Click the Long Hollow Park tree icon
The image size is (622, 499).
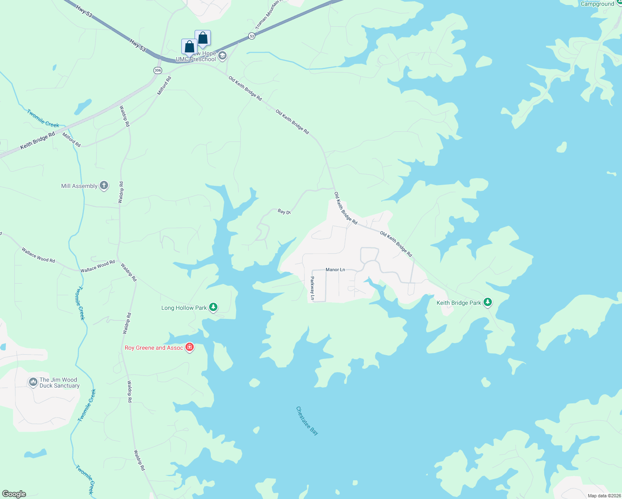[213, 307]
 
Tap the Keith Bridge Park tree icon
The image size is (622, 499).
[488, 302]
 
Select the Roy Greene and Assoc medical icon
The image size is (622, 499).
[190, 347]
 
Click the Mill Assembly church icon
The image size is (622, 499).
[104, 185]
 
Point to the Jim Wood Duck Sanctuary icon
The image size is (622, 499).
[33, 382]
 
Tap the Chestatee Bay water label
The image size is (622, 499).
[307, 421]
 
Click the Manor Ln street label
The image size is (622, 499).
[335, 270]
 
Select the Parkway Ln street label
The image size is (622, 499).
[312, 288]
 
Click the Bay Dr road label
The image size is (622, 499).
[284, 212]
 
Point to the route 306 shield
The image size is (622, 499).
[158, 70]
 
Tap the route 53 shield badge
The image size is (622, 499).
[252, 36]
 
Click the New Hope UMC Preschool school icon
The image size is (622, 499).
[222, 56]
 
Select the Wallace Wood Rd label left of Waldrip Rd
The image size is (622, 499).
[98, 267]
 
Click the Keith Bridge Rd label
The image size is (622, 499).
[38, 141]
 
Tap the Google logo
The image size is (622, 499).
[14, 494]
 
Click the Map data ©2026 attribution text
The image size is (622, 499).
[604, 496]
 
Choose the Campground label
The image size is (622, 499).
[597, 4]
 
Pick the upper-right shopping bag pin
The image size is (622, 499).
[203, 38]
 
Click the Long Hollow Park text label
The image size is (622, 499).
[184, 308]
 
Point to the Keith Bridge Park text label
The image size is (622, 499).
[459, 303]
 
